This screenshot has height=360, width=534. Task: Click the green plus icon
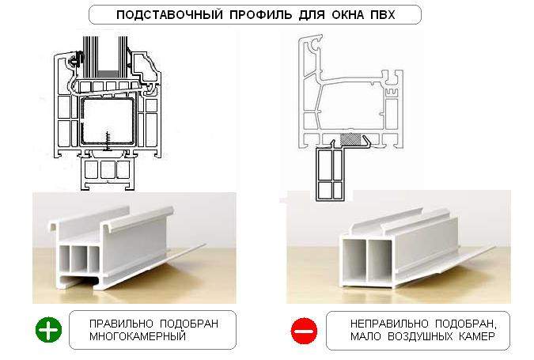(49, 330)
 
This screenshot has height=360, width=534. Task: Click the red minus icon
(304, 331)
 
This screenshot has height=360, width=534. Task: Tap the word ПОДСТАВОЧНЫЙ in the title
(169, 15)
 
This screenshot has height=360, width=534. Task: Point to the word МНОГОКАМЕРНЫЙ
(138, 336)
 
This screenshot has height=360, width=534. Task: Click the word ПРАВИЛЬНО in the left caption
(121, 324)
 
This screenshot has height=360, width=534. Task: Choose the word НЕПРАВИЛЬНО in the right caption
(389, 324)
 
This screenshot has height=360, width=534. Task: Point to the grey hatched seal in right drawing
(351, 139)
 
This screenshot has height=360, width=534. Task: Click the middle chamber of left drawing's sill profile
(108, 169)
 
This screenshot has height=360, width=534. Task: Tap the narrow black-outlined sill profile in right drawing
(329, 173)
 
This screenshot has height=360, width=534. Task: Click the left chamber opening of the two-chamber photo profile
(354, 260)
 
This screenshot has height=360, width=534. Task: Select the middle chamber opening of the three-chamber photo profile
(78, 258)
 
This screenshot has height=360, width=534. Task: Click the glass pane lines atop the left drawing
(105, 56)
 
